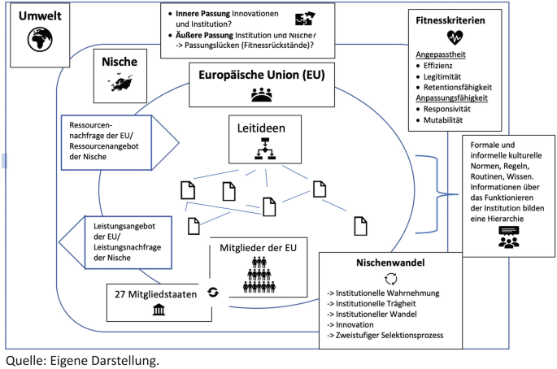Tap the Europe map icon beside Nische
coord(119,85)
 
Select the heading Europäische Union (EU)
coord(263,74)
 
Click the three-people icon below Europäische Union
coord(263,94)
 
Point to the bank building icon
coord(157,310)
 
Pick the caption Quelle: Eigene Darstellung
coord(81,359)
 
